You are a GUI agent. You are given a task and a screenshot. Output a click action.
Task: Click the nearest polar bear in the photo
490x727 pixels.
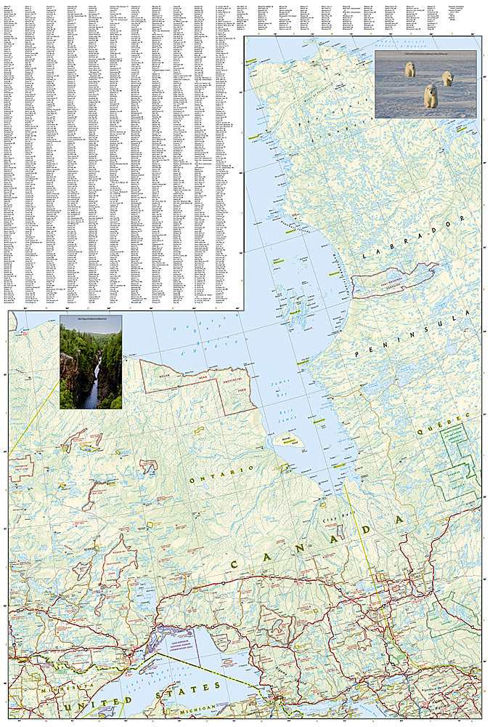[x=430, y=95]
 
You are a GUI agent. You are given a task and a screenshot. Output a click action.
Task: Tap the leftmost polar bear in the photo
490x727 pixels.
[x=410, y=69]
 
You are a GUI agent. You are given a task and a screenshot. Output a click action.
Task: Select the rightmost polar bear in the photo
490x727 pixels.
[x=447, y=78]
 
